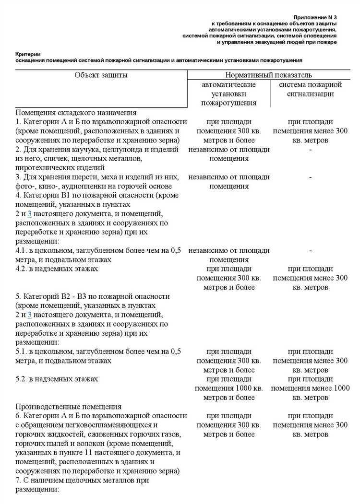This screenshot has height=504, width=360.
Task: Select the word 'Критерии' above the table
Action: click(x=26, y=55)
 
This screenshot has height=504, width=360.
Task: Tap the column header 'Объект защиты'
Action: click(x=101, y=75)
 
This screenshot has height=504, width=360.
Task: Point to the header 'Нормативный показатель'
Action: click(x=268, y=75)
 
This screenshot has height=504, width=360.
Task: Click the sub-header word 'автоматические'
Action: click(x=228, y=84)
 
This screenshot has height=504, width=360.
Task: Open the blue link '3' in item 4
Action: click(x=29, y=213)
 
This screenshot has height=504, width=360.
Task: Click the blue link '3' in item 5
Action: click(x=29, y=314)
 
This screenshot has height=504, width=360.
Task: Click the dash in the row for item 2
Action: click(x=311, y=150)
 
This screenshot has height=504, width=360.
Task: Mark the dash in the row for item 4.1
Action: click(x=311, y=251)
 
